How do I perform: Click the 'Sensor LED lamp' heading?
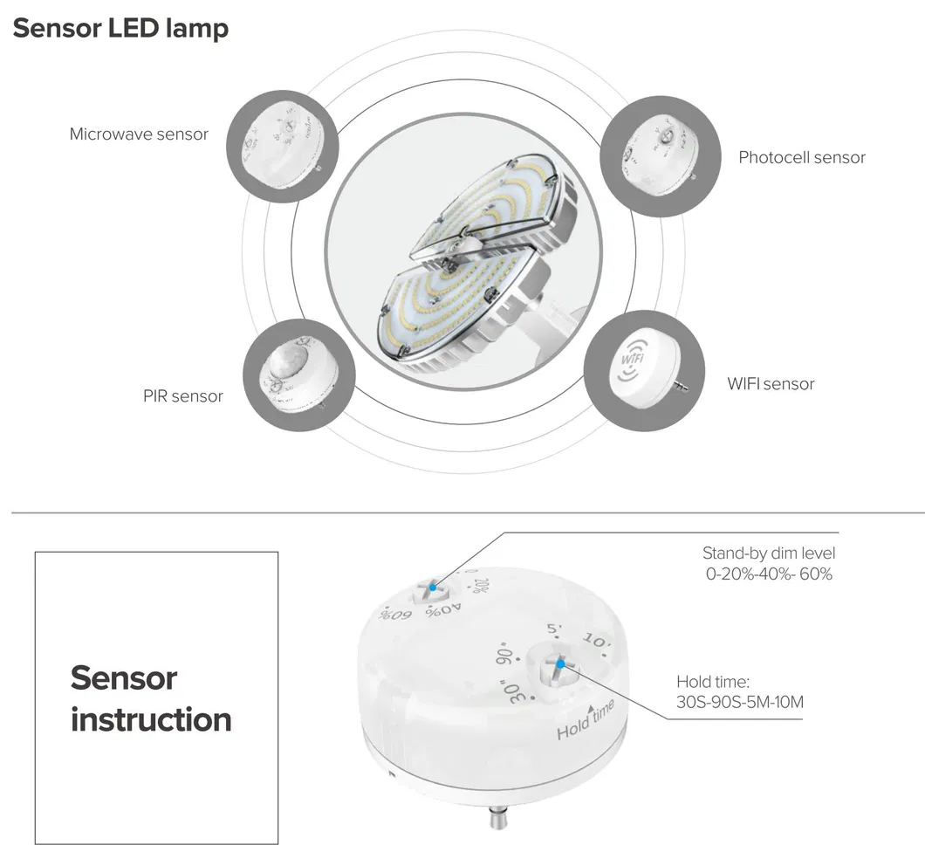[120, 28]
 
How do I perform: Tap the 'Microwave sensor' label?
[139, 134]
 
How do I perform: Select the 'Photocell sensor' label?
[801, 157]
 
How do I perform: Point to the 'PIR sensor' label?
[183, 395]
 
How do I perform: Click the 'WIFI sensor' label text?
[771, 383]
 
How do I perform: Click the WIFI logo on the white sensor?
[634, 361]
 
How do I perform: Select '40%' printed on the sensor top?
[444, 609]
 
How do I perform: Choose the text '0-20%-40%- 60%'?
[769, 574]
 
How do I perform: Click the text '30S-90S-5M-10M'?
[739, 702]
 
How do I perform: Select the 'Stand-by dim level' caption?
[768, 553]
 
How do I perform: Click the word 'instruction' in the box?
[151, 719]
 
